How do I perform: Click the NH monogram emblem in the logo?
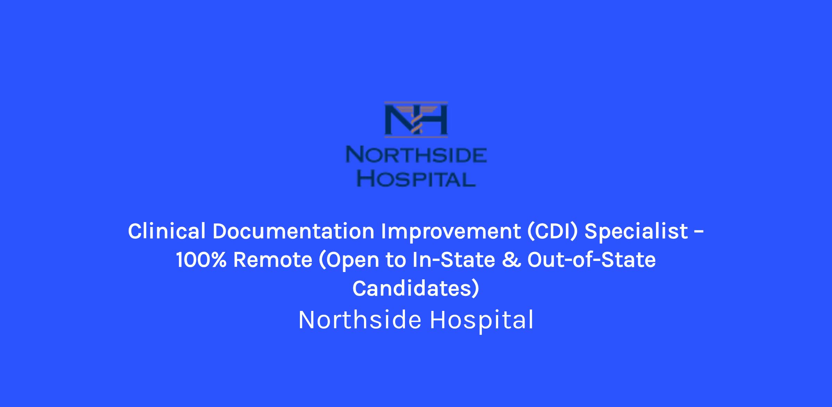(416, 119)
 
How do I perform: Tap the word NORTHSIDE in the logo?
(416, 155)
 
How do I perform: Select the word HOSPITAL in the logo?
(416, 179)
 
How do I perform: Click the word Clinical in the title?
(167, 231)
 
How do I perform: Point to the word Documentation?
(293, 231)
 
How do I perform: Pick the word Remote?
(272, 260)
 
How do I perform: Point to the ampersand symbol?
(511, 260)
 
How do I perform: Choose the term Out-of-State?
(591, 260)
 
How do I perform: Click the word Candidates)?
(416, 289)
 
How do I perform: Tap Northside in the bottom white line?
(360, 320)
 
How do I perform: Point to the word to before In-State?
(396, 261)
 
